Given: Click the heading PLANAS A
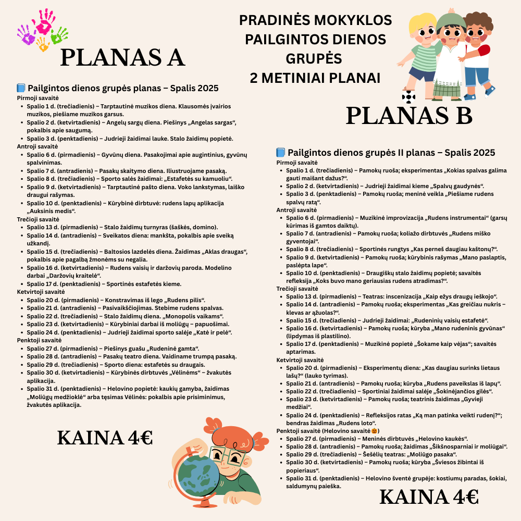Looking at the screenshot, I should [x=122, y=57].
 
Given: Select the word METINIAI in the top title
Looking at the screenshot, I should [x=315, y=78].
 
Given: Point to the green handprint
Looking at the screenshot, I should [x=59, y=34].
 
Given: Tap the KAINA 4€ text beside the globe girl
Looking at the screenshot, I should [x=105, y=438].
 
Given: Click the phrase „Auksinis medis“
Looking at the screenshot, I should [x=52, y=211].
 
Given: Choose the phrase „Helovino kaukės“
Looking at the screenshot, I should [x=442, y=439].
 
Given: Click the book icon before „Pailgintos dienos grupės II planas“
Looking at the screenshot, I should [x=280, y=153].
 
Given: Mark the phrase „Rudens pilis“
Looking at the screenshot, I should [x=184, y=300].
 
